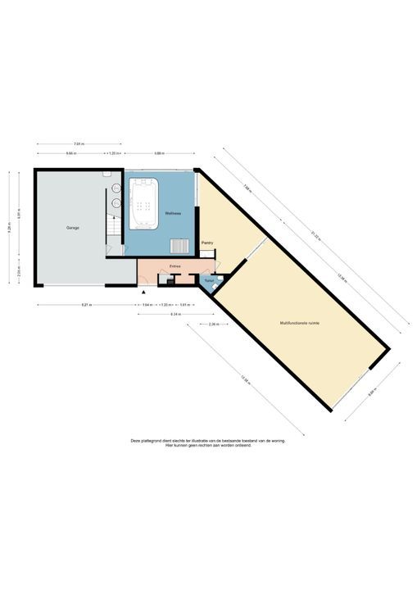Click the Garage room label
click(x=73, y=227)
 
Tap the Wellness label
click(x=173, y=213)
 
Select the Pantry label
click(x=207, y=242)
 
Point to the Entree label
click(x=175, y=266)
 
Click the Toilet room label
click(x=209, y=280)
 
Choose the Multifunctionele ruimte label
click(x=298, y=323)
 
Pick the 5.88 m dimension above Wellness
click(x=160, y=153)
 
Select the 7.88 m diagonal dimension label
click(x=247, y=185)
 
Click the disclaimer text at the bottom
click(x=208, y=442)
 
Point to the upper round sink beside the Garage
click(x=107, y=175)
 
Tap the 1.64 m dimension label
click(x=147, y=305)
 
